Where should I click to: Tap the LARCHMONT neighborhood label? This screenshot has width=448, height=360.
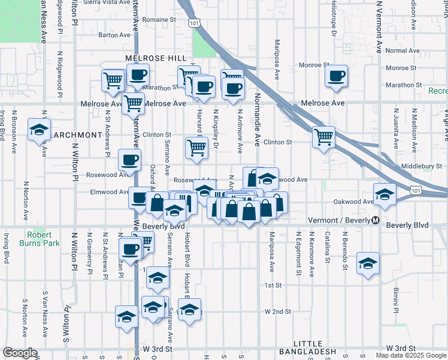[x=76, y=135]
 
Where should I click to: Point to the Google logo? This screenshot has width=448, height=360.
[x=20, y=353]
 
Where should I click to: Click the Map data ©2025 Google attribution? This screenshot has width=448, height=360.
[x=411, y=355]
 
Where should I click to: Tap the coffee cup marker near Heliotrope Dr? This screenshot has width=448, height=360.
[x=337, y=76]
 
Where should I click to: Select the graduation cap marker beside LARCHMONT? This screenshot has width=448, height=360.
[x=39, y=130]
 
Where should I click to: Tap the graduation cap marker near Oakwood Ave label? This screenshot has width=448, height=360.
[x=384, y=194]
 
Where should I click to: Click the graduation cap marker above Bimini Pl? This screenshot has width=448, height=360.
[x=368, y=263]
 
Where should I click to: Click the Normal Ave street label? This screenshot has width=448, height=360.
[x=403, y=51]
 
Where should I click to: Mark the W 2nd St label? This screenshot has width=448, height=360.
[x=278, y=312]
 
